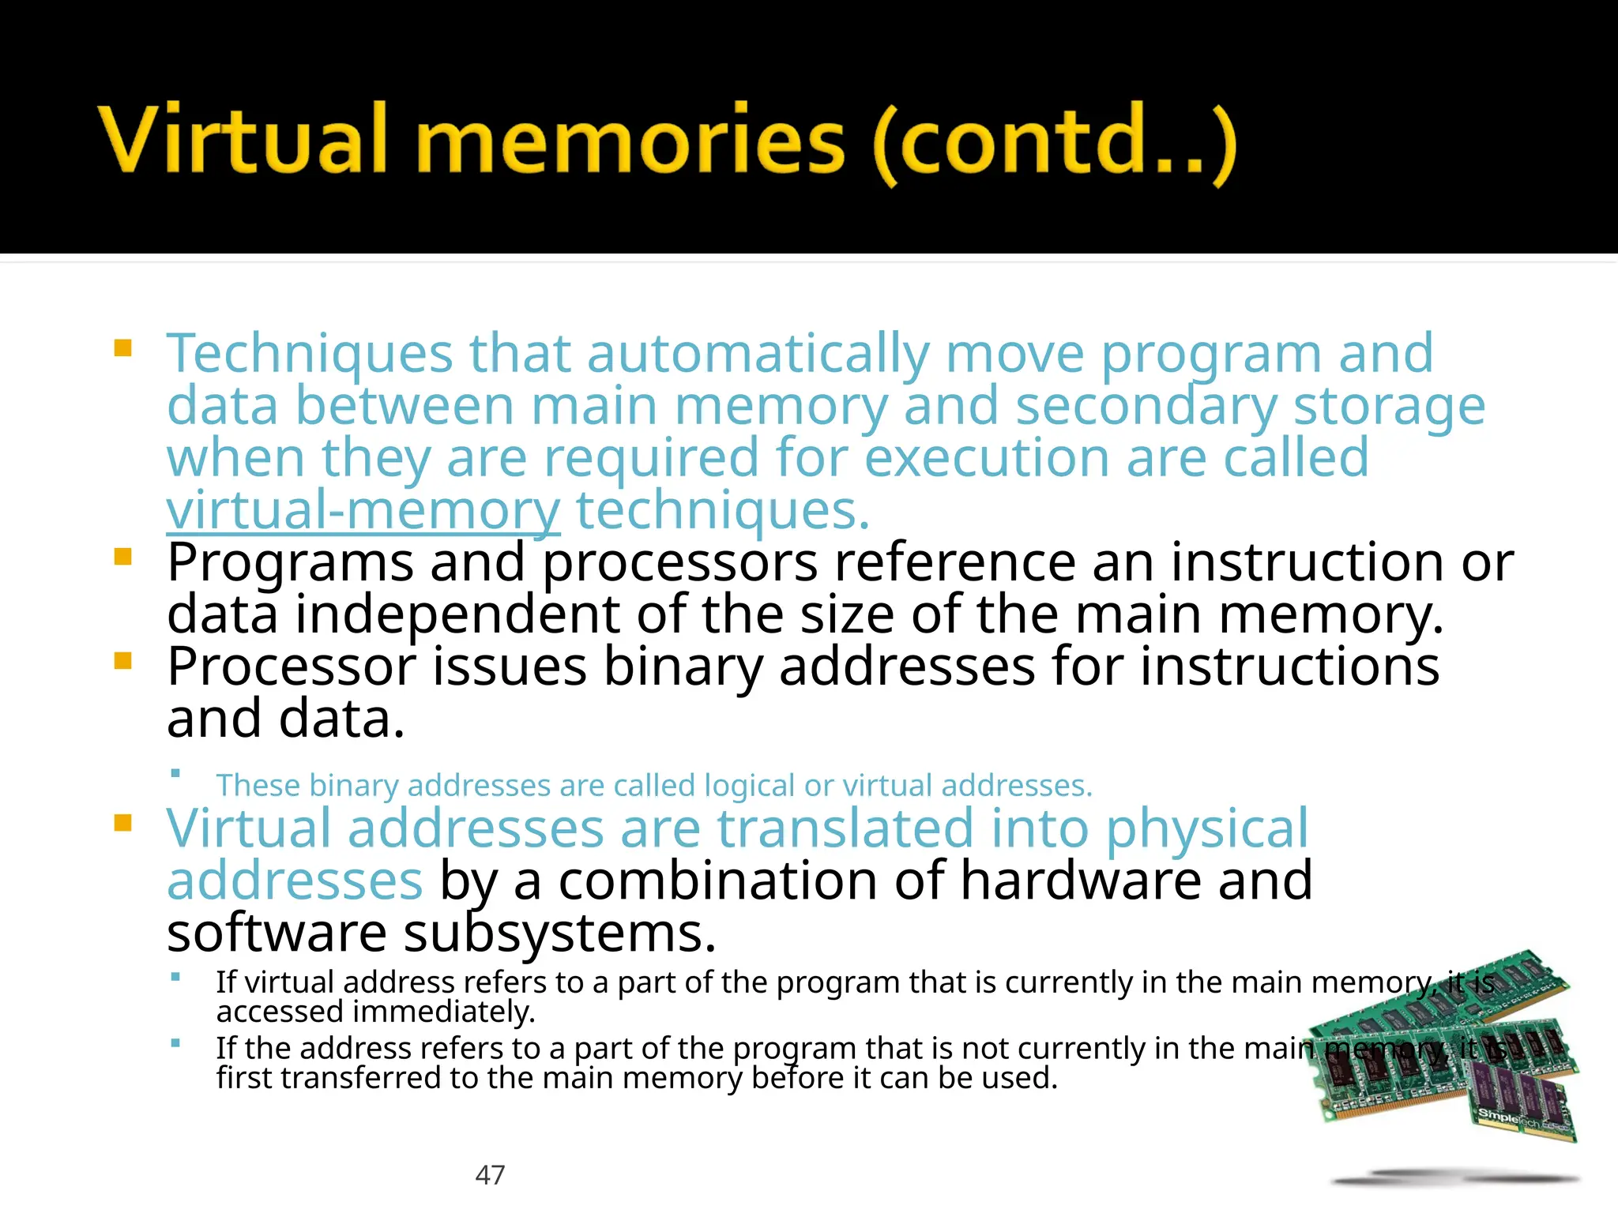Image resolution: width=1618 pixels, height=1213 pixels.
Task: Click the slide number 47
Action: (x=490, y=1175)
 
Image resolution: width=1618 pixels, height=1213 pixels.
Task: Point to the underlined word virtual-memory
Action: (x=363, y=512)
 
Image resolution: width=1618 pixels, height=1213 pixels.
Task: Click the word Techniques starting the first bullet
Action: (x=309, y=354)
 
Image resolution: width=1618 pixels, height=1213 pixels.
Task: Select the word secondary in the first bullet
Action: (x=1146, y=406)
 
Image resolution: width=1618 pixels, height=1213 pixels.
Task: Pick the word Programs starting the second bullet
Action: (x=290, y=563)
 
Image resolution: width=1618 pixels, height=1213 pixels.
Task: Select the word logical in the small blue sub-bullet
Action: (x=749, y=786)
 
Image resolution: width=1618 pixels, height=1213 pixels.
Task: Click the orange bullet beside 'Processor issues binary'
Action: (x=122, y=660)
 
